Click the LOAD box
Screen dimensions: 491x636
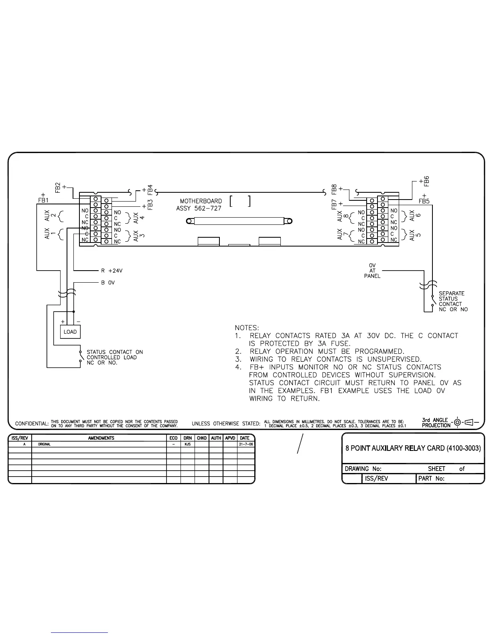(70, 332)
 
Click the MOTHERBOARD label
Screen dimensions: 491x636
(201, 201)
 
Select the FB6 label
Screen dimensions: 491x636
(426, 181)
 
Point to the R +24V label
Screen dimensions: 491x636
(112, 271)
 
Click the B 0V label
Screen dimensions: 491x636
(108, 283)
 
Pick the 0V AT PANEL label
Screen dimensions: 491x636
(372, 271)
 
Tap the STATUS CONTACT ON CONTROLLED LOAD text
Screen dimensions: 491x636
(114, 357)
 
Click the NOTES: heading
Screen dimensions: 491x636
(247, 328)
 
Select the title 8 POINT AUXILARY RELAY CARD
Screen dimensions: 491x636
(413, 448)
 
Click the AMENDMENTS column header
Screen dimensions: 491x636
(101, 438)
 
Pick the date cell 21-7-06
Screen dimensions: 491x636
(244, 444)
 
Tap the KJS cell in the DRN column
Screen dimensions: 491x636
(187, 444)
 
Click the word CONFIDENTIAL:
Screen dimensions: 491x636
(32, 424)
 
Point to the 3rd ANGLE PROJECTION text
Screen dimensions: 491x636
(436, 423)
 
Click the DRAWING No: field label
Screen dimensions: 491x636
(363, 469)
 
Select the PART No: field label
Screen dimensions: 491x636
(431, 479)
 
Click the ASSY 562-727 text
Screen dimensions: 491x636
(199, 208)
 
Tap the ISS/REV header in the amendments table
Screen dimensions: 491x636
(19, 438)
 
